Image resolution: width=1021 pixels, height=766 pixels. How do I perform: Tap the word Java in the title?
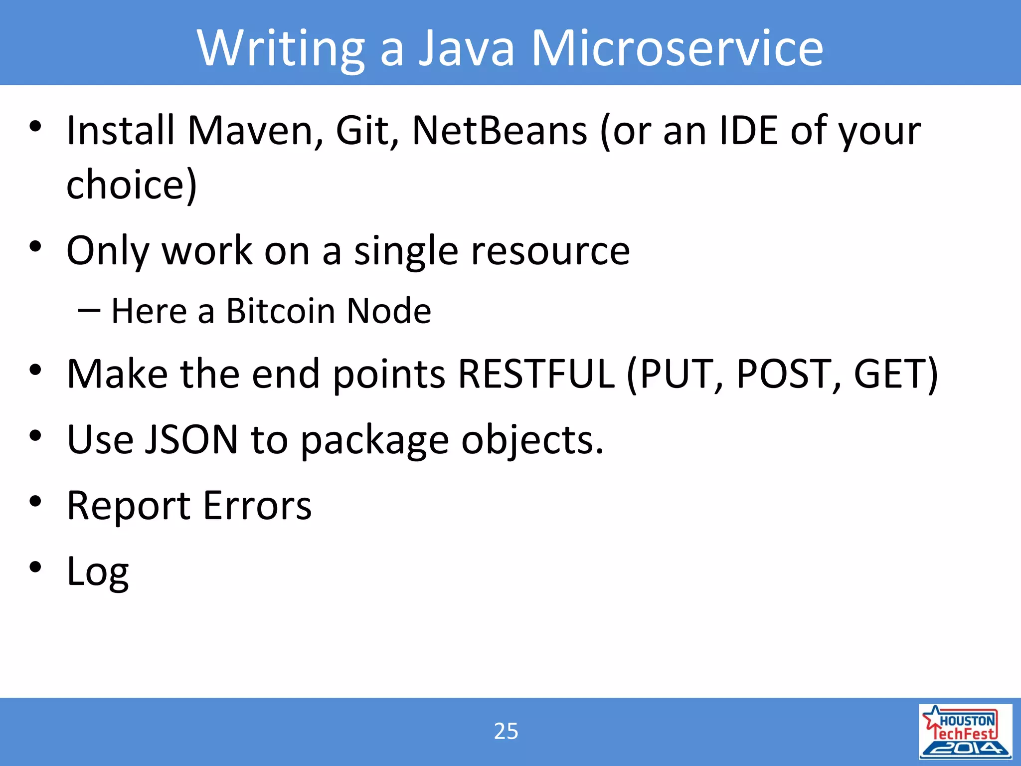click(x=466, y=48)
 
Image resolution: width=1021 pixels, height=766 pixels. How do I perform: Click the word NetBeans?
click(x=500, y=131)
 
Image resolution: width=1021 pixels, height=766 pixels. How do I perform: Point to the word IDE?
click(x=748, y=131)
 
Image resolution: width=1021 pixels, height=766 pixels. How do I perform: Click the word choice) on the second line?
click(x=132, y=185)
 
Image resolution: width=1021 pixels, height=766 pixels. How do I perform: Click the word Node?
click(x=389, y=311)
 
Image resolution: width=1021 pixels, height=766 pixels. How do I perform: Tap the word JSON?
click(x=191, y=440)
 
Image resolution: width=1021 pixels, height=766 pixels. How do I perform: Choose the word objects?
click(x=532, y=440)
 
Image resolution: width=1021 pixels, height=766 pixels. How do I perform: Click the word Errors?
click(x=257, y=506)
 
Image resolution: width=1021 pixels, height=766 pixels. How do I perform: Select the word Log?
click(x=98, y=572)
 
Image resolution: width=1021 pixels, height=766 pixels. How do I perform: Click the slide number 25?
click(x=506, y=731)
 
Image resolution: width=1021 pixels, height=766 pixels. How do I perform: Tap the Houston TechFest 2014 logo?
click(x=965, y=731)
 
